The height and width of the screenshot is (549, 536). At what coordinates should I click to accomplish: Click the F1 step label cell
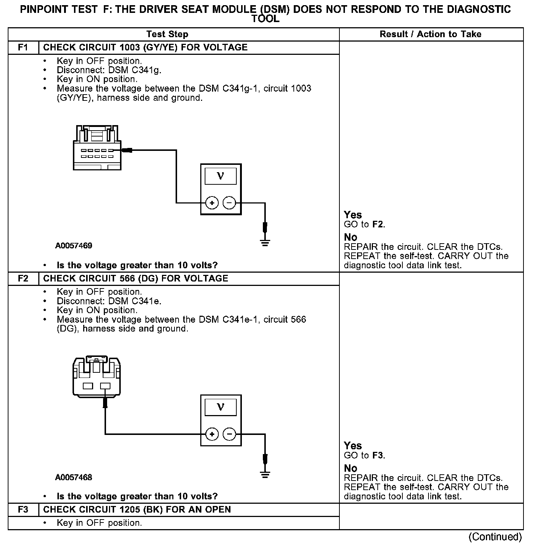[23, 47]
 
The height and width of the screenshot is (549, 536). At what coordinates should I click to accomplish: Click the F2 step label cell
[23, 279]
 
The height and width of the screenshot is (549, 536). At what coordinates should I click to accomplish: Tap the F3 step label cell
[23, 510]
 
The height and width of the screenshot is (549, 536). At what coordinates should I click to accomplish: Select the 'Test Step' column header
[167, 34]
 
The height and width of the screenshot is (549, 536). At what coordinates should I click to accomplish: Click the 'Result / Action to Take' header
[430, 34]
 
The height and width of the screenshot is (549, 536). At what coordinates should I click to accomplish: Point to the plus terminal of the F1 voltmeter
[212, 203]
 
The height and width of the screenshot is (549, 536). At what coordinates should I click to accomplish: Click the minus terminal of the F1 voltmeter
[229, 203]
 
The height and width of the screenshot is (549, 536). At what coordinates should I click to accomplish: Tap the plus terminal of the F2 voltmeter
[212, 434]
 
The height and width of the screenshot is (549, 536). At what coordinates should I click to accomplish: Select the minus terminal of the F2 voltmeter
[229, 434]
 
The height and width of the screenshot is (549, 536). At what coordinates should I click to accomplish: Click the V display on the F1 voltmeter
[221, 176]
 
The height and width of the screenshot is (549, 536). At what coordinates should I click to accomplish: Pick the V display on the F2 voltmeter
[221, 407]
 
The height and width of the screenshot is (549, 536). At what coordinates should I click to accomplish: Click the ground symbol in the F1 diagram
[265, 242]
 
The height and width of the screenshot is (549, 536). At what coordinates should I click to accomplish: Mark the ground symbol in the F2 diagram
[265, 474]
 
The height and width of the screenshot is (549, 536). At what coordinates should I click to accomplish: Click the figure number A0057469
[74, 246]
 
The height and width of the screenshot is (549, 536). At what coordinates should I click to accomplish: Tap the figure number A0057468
[74, 478]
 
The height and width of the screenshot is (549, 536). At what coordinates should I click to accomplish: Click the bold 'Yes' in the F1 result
[353, 215]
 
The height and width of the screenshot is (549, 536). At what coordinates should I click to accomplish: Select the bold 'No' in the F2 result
[350, 468]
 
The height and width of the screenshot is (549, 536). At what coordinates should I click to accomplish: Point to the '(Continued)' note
[495, 537]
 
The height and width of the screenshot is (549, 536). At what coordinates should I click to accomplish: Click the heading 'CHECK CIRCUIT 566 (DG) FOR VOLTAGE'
[136, 279]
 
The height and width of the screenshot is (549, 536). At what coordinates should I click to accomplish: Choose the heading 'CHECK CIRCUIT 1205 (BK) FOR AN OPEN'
[137, 510]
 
